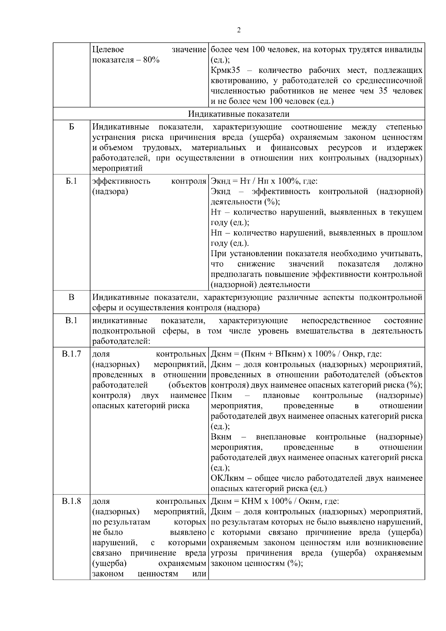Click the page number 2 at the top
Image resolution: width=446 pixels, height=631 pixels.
coord(239,30)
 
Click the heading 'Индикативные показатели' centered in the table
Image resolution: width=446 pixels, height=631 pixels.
coord(238,114)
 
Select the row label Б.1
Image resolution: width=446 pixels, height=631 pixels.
coord(71,181)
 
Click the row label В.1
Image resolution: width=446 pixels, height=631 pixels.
coord(71,321)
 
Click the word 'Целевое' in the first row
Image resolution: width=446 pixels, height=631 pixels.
coord(108,49)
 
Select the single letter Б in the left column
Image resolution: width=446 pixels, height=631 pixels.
coord(71,127)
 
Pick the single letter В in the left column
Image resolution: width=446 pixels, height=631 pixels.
coord(71,297)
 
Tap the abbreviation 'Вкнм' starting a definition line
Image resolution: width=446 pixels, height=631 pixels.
coord(221,437)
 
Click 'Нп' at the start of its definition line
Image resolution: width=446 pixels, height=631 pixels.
coord(216,233)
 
